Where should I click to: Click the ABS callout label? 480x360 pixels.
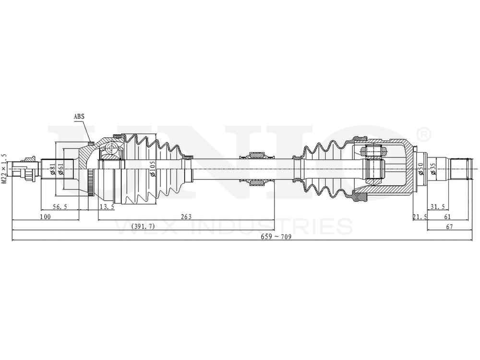[x=79, y=116]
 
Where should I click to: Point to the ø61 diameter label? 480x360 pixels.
[x=60, y=169]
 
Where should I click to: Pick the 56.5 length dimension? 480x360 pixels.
[x=60, y=207]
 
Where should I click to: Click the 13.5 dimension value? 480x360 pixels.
[x=107, y=207]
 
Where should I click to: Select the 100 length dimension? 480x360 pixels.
[x=45, y=217]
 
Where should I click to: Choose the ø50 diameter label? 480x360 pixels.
[x=421, y=169]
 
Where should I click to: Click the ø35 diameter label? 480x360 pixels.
[x=432, y=169]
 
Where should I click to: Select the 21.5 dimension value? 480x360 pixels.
[x=420, y=217]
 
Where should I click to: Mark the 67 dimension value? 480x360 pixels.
[x=450, y=227]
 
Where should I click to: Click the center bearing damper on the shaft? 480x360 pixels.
[x=255, y=169]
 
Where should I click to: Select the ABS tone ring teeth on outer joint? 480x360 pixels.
[x=91, y=183]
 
